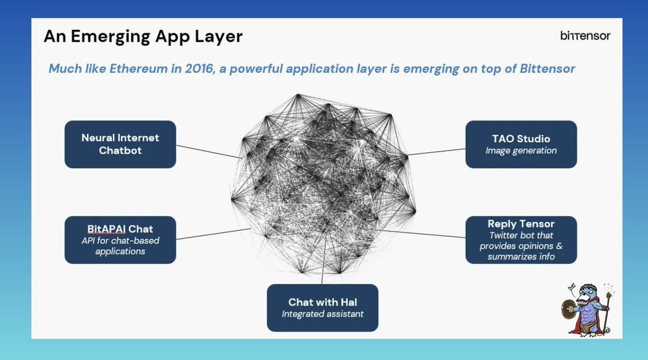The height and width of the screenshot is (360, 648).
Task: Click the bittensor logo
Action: (585, 36)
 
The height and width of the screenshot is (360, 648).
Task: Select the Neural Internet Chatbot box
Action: (120, 144)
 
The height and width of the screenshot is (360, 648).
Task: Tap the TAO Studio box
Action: (521, 144)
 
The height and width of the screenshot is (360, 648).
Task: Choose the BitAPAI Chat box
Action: (120, 240)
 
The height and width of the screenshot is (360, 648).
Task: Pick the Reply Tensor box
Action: (521, 240)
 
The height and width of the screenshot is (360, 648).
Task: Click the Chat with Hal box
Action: (322, 308)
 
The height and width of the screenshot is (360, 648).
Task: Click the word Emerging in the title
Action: (111, 37)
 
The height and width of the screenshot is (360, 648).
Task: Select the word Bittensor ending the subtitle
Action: (548, 69)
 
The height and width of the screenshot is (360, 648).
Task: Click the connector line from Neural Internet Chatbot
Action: (209, 152)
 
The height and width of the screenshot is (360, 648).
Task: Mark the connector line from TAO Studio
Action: (436, 152)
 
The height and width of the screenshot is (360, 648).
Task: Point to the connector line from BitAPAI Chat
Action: (213, 234)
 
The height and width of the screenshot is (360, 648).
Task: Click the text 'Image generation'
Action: (521, 151)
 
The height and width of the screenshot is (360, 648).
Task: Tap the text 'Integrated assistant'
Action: (322, 314)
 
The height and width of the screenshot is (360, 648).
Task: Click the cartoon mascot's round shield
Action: (568, 309)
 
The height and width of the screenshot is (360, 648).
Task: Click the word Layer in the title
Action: (218, 37)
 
